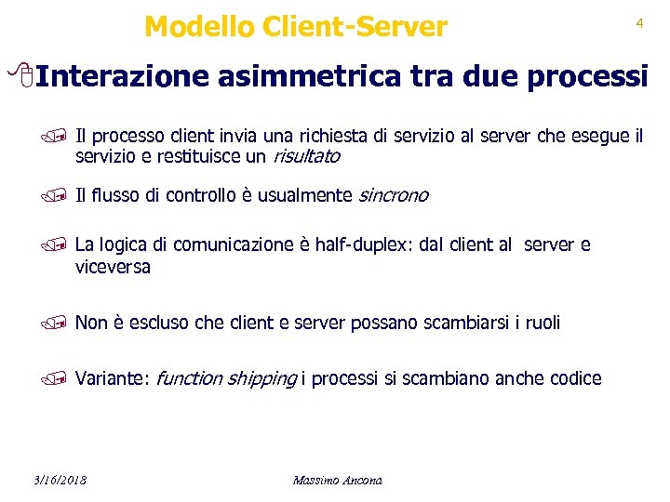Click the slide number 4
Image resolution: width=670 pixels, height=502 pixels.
(639, 24)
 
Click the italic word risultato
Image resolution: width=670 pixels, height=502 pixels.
(306, 157)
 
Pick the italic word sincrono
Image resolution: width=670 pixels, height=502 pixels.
(393, 195)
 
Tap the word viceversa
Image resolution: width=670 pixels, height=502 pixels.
(113, 268)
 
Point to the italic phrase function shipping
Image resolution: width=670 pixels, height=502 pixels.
(226, 378)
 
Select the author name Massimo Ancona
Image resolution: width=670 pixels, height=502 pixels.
(337, 480)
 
